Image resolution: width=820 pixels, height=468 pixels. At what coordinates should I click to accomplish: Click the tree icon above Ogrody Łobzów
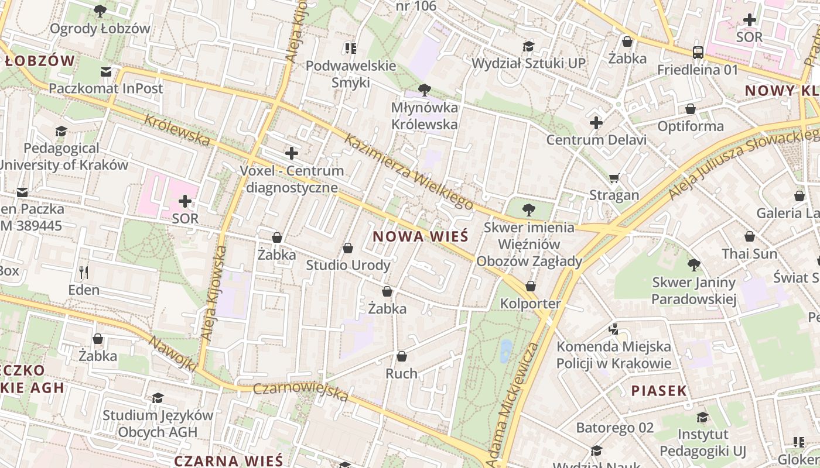(x=100, y=11)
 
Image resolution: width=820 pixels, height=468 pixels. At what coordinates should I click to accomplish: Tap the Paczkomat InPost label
(x=106, y=88)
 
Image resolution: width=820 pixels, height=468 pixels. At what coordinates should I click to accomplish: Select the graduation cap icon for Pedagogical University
(x=61, y=131)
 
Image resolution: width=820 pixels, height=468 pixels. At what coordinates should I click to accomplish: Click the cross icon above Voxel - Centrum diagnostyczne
(x=291, y=154)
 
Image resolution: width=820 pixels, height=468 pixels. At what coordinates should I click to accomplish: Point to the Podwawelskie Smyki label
(x=351, y=74)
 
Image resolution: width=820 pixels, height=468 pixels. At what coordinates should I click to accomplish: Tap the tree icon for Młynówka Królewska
(x=425, y=90)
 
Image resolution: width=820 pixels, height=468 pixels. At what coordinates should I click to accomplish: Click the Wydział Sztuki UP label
(x=528, y=63)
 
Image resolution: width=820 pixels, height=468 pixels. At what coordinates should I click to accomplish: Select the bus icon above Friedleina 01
(x=698, y=52)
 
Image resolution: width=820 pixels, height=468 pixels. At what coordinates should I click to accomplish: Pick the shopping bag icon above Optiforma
(x=691, y=109)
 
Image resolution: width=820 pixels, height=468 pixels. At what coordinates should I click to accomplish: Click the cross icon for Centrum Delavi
(x=596, y=123)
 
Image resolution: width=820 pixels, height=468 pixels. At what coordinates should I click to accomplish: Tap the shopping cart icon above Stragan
(x=614, y=178)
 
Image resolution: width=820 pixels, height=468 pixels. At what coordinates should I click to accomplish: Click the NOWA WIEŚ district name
(x=421, y=236)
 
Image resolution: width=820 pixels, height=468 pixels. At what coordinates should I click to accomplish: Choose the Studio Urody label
(x=348, y=265)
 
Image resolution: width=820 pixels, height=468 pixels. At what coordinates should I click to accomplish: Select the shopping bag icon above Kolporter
(x=531, y=286)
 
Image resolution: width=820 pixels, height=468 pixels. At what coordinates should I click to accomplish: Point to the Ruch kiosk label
(x=401, y=373)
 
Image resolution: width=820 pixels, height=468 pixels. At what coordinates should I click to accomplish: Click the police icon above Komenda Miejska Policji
(x=614, y=329)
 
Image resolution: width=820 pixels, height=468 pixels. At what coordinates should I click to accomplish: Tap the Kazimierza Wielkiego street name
(x=408, y=171)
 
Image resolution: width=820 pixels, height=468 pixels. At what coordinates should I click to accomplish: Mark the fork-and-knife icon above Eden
(x=84, y=272)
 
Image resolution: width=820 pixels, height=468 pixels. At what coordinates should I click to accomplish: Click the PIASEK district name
(x=658, y=391)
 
